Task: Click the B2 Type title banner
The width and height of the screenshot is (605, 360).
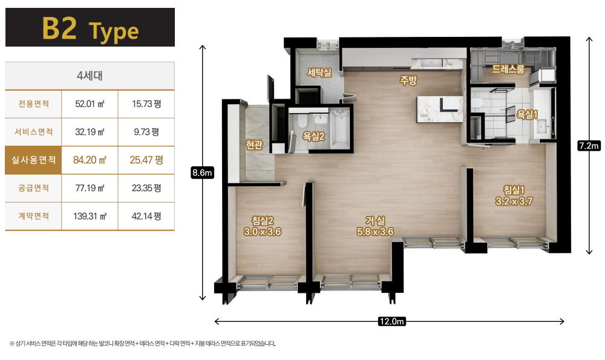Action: (x=90, y=27)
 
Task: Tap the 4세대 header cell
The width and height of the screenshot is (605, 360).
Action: (x=90, y=76)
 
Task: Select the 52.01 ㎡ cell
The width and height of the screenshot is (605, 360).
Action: (x=90, y=104)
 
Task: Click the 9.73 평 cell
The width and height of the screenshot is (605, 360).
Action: (x=146, y=132)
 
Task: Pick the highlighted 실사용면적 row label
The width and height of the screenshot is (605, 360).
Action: (x=33, y=160)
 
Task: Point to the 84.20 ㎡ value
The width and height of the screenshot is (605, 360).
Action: (x=90, y=160)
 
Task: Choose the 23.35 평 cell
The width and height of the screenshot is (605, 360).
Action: (x=146, y=188)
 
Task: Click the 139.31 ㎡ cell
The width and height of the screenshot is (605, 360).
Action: (x=90, y=216)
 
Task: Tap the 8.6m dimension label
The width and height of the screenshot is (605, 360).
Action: (x=202, y=172)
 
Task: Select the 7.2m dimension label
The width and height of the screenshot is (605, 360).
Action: (x=589, y=145)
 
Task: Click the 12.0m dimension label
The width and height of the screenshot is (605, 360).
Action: (x=391, y=321)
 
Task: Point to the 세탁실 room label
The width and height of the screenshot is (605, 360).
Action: (x=319, y=73)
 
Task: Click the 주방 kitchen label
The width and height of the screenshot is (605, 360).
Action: (x=408, y=80)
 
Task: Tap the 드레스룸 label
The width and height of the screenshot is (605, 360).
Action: (x=508, y=70)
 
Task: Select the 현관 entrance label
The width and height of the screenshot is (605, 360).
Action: (x=254, y=145)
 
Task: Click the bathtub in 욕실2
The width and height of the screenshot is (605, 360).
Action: (x=340, y=128)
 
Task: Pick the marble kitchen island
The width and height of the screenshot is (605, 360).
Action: (x=440, y=109)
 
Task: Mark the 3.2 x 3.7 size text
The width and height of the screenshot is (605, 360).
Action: (x=514, y=201)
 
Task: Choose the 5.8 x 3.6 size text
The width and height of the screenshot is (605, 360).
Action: (x=375, y=232)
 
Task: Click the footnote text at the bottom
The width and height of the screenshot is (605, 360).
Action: (x=142, y=344)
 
